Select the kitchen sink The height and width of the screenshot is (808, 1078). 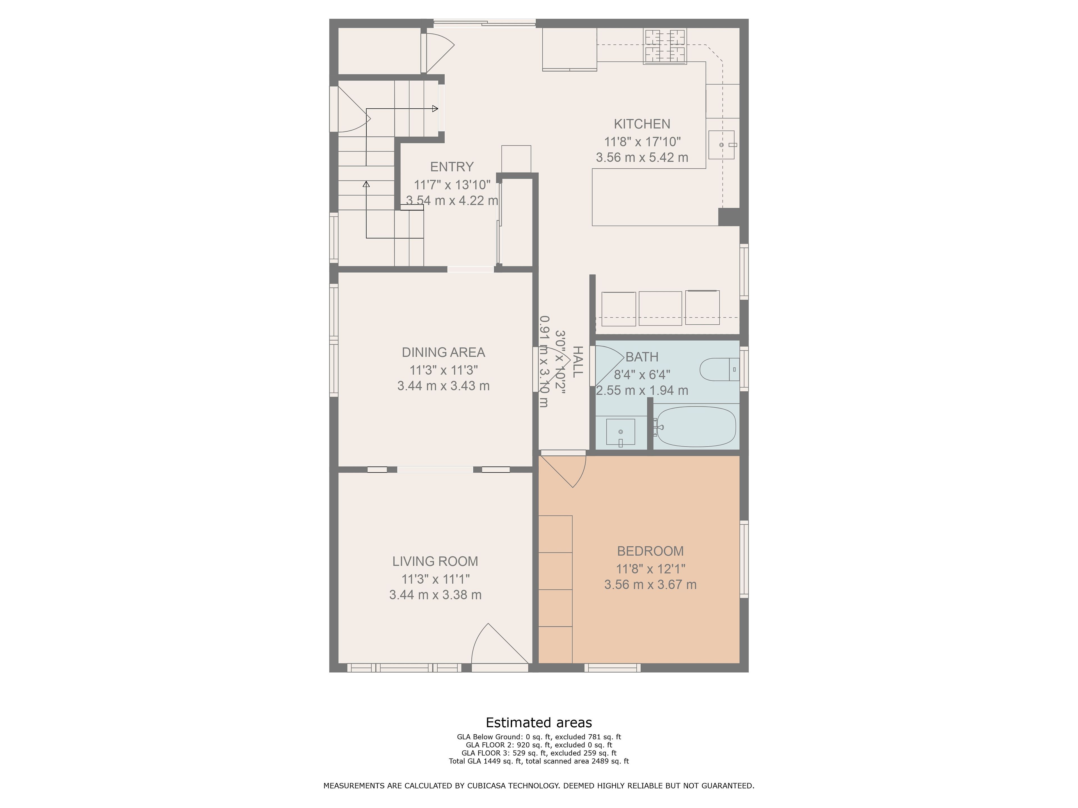tap(721, 145)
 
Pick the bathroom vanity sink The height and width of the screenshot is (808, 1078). tap(620, 432)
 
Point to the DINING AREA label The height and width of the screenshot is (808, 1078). tap(443, 352)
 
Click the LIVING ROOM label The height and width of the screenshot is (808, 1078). tap(435, 561)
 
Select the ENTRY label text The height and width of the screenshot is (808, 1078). tap(452, 167)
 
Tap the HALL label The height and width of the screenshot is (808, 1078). tap(577, 362)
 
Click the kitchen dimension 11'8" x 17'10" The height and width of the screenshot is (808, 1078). tap(642, 142)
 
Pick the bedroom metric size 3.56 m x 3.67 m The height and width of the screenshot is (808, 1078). tap(650, 584)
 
